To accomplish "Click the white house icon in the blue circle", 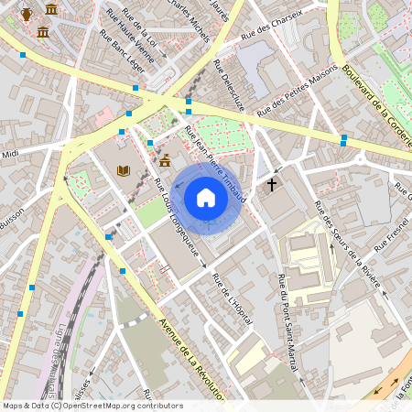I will tap(205, 197).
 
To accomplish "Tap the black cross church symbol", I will tap(271, 184).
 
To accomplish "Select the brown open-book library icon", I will tap(124, 169).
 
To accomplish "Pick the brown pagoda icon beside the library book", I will tap(165, 161).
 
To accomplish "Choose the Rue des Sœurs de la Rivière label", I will tap(345, 240).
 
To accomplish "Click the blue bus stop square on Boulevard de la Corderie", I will tap(343, 140).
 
